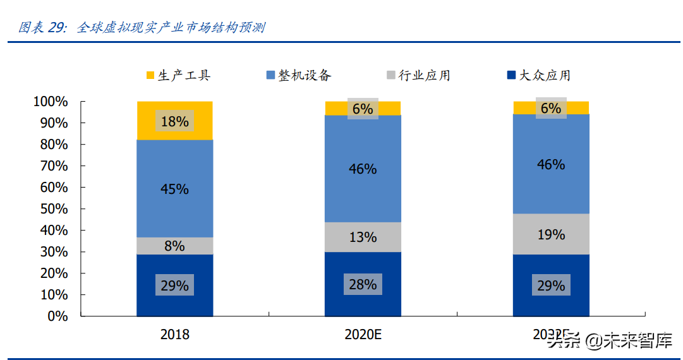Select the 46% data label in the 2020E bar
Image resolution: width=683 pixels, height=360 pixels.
[363, 169]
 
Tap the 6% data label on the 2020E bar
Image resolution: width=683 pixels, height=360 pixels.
[363, 109]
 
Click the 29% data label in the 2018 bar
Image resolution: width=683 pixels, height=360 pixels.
[174, 285]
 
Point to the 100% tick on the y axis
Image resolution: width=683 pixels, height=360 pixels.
[51, 101]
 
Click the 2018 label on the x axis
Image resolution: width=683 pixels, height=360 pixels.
[174, 335]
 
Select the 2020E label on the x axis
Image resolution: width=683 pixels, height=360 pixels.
[363, 335]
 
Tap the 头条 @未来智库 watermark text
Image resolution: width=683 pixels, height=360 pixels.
[609, 340]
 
